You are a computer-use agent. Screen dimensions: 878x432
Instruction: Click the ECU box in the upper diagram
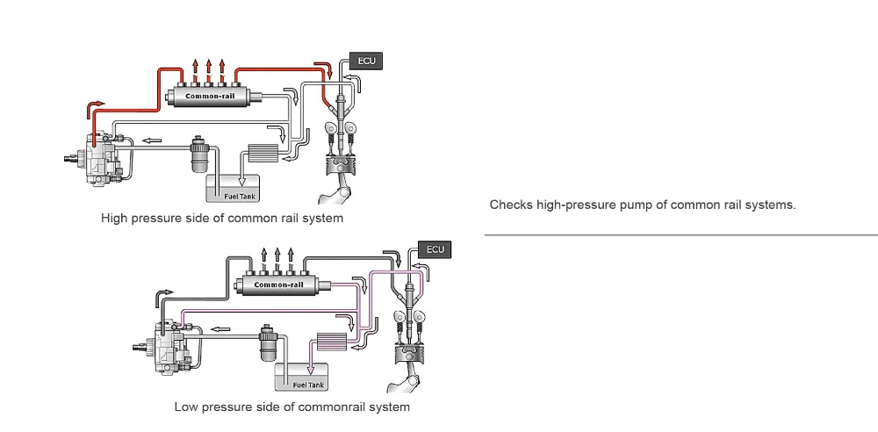tap(366, 61)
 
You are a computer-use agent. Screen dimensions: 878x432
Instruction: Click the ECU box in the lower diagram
tap(435, 249)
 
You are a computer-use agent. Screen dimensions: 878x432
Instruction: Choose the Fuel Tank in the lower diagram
tap(302, 377)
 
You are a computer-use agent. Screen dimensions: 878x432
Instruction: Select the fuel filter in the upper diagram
tap(198, 153)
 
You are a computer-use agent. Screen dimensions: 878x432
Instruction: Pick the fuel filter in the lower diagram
tap(268, 342)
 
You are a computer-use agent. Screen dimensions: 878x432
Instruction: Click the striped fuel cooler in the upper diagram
tap(263, 153)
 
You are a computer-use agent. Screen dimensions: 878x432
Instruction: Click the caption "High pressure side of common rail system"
tap(222, 218)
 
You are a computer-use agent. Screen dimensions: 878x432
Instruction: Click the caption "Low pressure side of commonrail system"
tap(291, 407)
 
